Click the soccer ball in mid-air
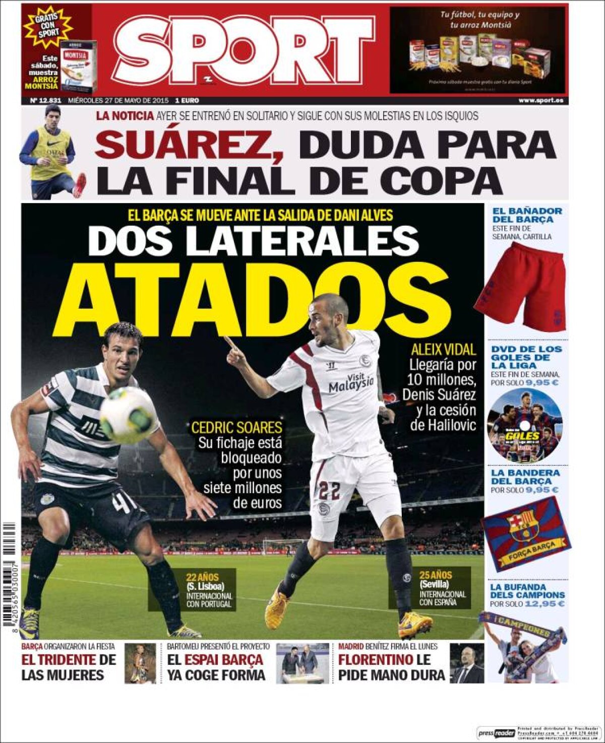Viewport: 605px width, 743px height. tap(127, 415)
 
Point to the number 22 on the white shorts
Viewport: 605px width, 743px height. tap(330, 490)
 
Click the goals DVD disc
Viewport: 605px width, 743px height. tap(524, 426)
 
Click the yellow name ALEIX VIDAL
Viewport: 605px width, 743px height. tap(443, 349)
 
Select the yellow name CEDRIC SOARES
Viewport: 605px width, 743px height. tap(236, 428)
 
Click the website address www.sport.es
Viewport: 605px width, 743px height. tap(540, 100)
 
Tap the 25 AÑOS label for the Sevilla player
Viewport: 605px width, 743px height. tap(435, 575)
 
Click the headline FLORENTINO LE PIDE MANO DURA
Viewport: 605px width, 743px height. tap(391, 667)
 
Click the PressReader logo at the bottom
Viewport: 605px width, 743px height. tap(496, 733)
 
